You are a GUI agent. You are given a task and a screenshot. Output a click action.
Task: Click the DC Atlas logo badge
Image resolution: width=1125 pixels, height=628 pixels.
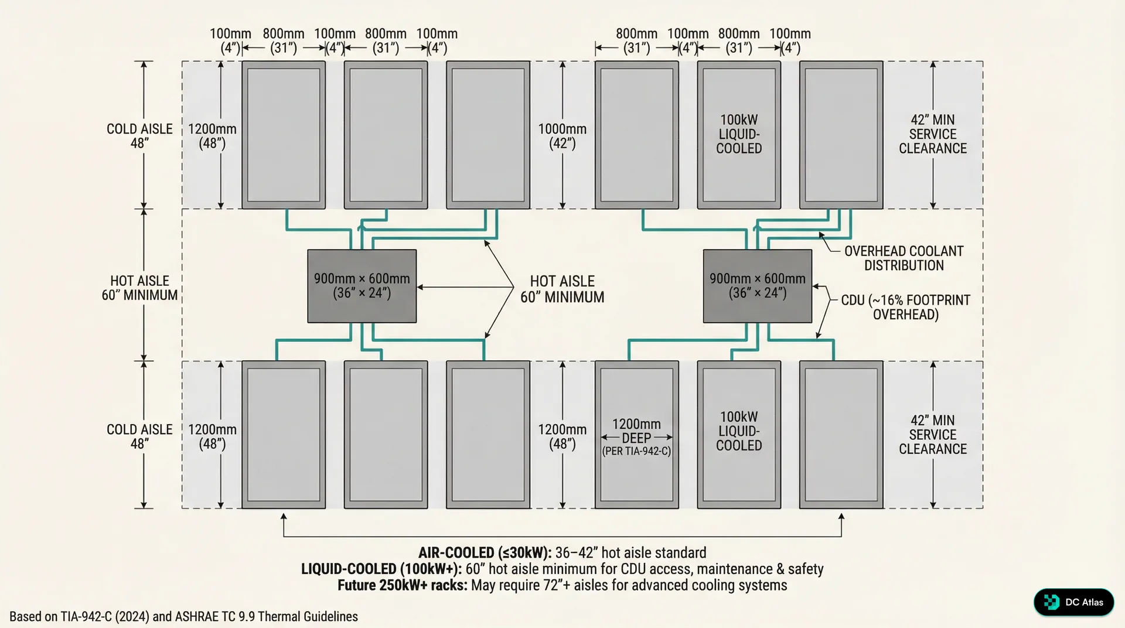[x=1073, y=602]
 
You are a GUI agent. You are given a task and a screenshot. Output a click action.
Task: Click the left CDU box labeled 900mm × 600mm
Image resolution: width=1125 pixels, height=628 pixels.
[x=362, y=286]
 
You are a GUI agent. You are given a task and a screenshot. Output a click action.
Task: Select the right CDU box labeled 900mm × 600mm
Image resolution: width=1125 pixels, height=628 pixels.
[x=757, y=286]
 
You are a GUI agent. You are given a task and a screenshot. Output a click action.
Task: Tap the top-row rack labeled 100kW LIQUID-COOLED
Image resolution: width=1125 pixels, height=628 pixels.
[x=739, y=135]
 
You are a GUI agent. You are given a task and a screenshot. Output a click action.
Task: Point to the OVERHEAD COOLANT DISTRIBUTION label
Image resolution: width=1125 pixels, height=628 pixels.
[x=904, y=258]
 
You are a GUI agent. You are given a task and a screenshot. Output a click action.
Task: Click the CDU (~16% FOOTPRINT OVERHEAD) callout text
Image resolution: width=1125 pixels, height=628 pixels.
[x=905, y=307]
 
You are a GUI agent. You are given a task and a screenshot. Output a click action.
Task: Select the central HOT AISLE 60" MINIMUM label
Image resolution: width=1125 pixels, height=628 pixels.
[x=562, y=289]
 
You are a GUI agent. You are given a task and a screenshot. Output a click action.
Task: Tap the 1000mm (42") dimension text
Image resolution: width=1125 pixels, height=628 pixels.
[x=562, y=136]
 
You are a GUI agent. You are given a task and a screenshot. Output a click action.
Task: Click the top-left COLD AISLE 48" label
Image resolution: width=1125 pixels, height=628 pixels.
[x=139, y=136]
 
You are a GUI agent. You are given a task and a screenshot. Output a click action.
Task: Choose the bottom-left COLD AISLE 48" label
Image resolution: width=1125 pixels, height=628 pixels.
[x=139, y=436]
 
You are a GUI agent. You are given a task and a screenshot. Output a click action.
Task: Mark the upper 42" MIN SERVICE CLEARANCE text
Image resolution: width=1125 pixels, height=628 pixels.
[x=933, y=134]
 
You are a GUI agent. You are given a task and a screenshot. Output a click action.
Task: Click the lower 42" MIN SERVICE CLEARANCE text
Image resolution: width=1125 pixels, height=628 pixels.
[x=933, y=435]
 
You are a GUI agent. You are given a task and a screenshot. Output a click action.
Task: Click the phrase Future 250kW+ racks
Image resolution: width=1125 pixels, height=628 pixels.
[x=402, y=585]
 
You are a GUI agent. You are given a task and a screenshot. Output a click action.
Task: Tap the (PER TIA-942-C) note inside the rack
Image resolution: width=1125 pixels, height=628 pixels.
[x=636, y=451]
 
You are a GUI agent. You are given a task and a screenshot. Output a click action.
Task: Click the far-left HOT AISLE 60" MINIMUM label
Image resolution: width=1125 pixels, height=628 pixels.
[x=139, y=288]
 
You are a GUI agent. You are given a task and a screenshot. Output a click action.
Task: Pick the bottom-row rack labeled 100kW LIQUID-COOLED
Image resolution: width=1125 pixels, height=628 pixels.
[x=739, y=431]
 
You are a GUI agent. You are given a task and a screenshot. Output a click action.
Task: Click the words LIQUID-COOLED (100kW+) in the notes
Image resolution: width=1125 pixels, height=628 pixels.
[x=381, y=569]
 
